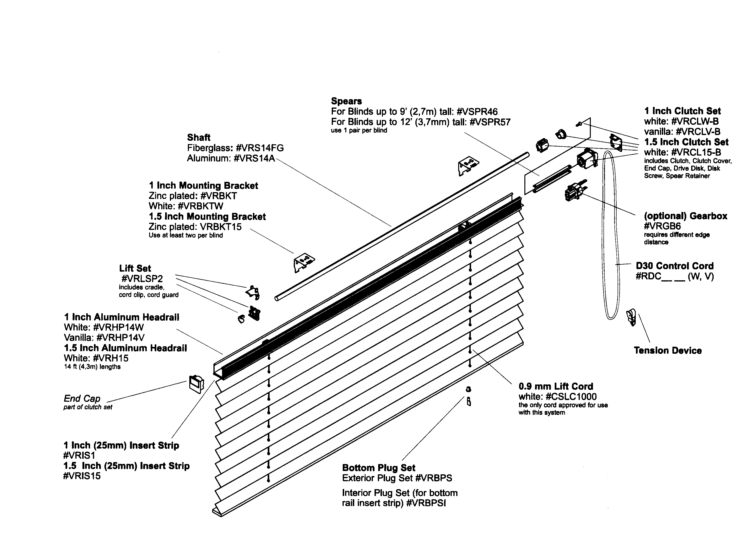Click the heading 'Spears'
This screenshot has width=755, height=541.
pos(346,101)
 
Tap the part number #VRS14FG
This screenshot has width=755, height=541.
pos(260,148)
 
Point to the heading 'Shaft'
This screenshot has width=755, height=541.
pos(199,137)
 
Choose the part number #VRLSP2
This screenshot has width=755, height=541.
pos(142,279)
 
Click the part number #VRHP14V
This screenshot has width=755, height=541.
pos(120,338)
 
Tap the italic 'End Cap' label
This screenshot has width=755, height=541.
pos(82,399)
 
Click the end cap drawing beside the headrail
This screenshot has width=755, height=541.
pos(196,384)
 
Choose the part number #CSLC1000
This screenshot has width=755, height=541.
pos(571,396)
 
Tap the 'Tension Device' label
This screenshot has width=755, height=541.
pos(668,351)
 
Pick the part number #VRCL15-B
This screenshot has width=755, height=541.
pos(696,152)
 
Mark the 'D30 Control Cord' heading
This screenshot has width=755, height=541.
pos(675,266)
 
